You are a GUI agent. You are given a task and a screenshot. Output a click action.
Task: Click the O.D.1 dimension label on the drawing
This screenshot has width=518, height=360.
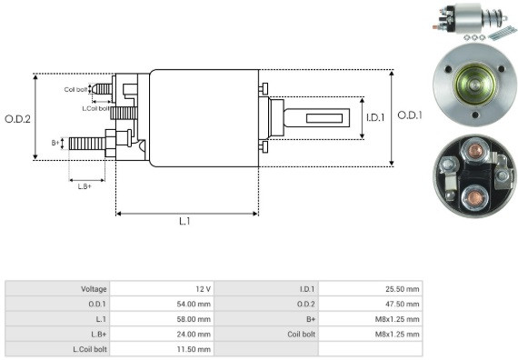[x=410, y=115]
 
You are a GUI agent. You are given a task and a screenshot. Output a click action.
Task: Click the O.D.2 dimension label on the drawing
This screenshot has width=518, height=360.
[x=17, y=119]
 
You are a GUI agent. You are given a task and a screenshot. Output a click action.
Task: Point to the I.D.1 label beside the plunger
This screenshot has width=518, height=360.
[x=375, y=117]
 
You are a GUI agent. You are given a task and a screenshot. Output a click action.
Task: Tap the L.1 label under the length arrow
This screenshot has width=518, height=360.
[x=184, y=222]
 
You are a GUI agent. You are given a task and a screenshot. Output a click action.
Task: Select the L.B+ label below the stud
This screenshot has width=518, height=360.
[x=85, y=186]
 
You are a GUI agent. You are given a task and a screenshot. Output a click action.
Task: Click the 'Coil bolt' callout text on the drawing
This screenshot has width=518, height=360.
[x=75, y=90]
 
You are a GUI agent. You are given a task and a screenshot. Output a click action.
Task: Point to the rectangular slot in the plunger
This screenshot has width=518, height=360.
[x=324, y=118]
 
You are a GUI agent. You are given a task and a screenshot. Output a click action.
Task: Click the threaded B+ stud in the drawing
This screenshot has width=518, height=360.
[x=87, y=144]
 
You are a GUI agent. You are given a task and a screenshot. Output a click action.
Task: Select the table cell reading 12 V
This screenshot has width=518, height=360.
[x=203, y=289]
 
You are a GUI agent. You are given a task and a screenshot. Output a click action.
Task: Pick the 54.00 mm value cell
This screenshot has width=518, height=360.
[x=194, y=304]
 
